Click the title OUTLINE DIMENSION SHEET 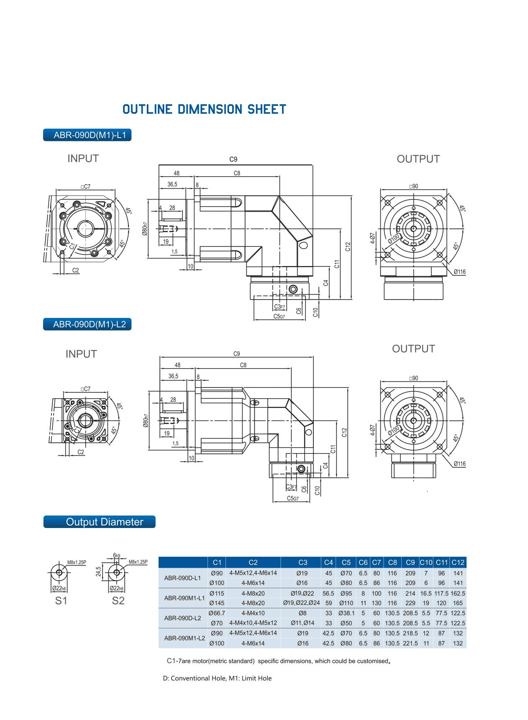pos(204,110)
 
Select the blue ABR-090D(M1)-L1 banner pos(87,135)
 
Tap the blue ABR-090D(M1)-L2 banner pos(87,325)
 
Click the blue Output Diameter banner pos(100,522)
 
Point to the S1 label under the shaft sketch pos(61,601)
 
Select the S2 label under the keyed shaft pos(118,601)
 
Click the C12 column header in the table pos(458,562)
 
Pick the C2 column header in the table pos(253,562)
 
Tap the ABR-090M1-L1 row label pos(185,598)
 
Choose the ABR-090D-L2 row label pos(183,618)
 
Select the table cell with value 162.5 pos(458,593)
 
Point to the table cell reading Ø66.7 pos(217,613)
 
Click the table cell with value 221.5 pos(410,643)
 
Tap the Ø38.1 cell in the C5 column pos(346,613)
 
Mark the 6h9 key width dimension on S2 pos(117,556)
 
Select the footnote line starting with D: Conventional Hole pos(217,678)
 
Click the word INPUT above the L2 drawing pos(81,354)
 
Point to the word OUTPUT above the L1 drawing pos(418,159)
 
